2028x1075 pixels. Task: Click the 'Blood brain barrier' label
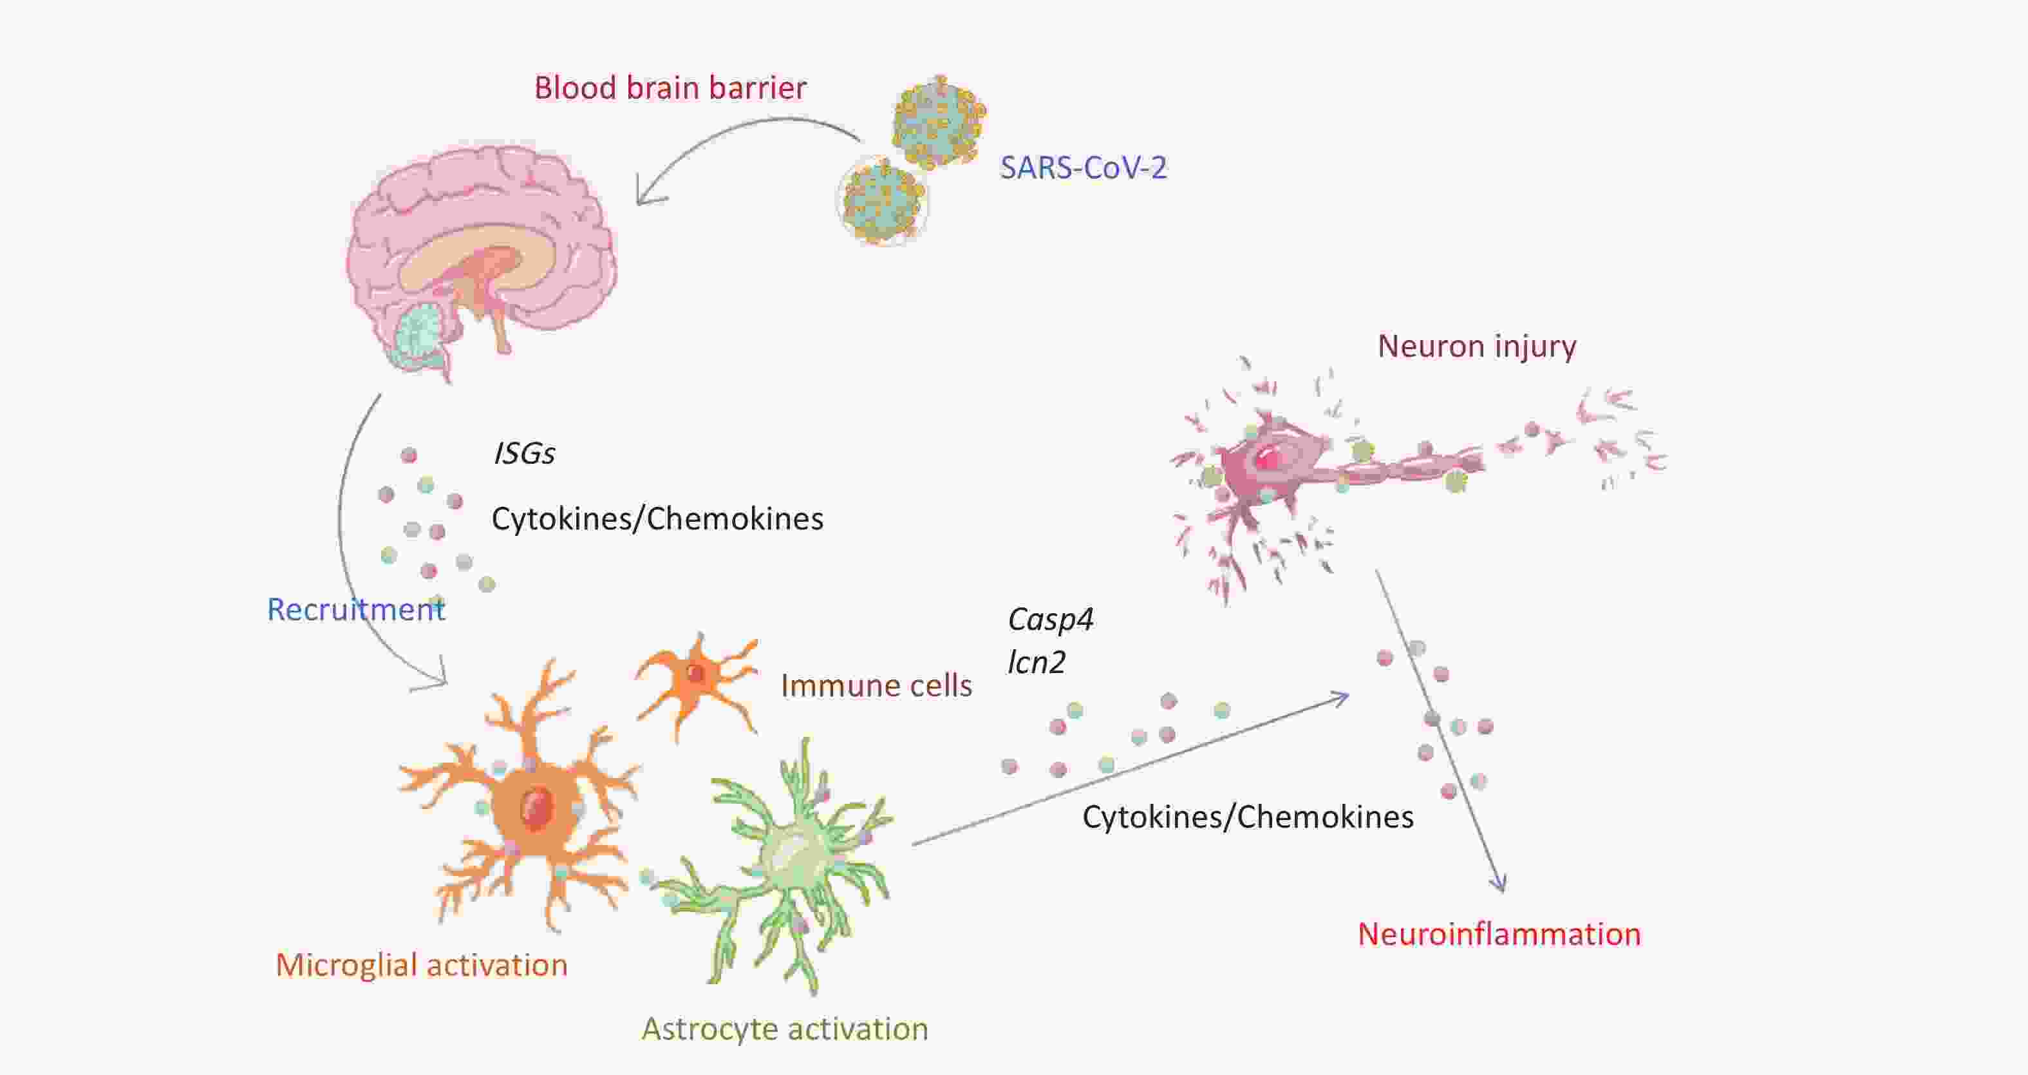(670, 88)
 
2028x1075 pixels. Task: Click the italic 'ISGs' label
(523, 453)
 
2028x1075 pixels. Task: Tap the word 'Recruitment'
(356, 609)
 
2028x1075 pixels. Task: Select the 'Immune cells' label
(876, 686)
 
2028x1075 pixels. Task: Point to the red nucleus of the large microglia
(537, 807)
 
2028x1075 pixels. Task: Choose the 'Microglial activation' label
(421, 965)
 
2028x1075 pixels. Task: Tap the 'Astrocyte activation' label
(785, 1029)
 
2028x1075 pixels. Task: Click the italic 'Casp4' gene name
(1050, 620)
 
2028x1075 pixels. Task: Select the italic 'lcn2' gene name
(1036, 662)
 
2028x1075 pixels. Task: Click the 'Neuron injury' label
(1476, 347)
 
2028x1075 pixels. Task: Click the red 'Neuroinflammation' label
(1499, 934)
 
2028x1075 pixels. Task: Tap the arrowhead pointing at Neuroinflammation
(1502, 885)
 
